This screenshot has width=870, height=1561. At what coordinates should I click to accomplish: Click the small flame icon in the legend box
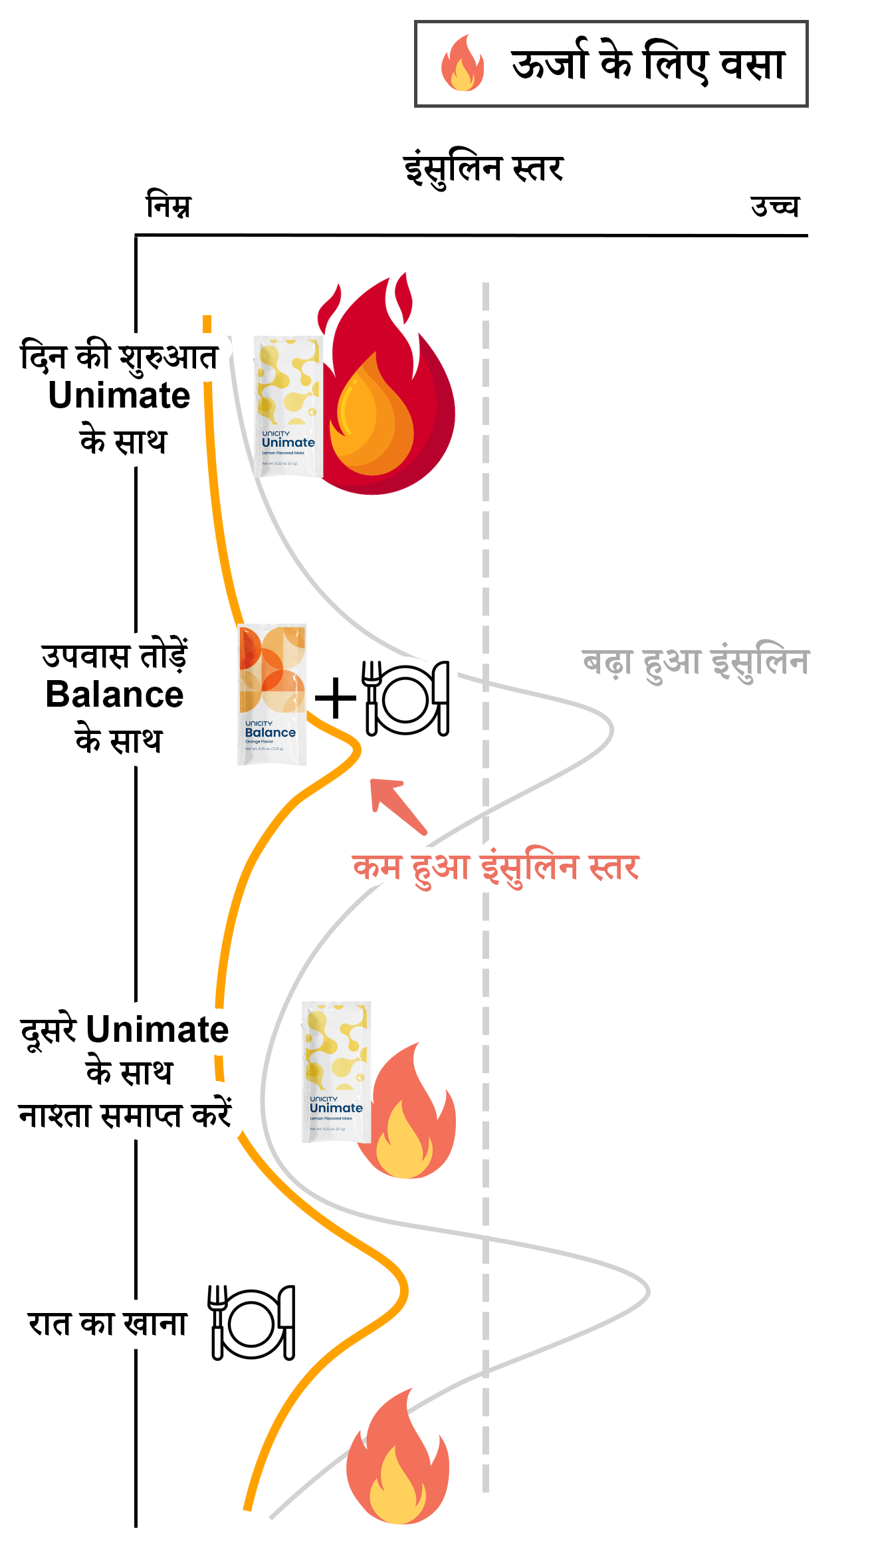(463, 64)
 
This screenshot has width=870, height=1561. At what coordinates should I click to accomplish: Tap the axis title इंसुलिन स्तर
(484, 169)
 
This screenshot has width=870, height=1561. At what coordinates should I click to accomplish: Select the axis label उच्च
(774, 206)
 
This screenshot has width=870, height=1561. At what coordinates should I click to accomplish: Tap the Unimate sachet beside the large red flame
(288, 407)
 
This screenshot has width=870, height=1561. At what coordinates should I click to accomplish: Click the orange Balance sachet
(272, 694)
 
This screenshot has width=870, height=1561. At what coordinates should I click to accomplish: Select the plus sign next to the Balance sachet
(336, 699)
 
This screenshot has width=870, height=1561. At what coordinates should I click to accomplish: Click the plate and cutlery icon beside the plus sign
(406, 698)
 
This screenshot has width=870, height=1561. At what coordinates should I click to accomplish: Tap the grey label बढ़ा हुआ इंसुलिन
(696, 663)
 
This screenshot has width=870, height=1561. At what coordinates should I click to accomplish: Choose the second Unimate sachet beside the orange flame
(336, 1072)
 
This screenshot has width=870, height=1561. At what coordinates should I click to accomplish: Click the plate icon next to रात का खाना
(252, 1322)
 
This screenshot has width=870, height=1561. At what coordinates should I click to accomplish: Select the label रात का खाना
(108, 1323)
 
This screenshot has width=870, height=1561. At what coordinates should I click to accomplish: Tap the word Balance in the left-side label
(115, 695)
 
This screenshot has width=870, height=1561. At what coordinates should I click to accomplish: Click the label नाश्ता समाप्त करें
(125, 1115)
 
